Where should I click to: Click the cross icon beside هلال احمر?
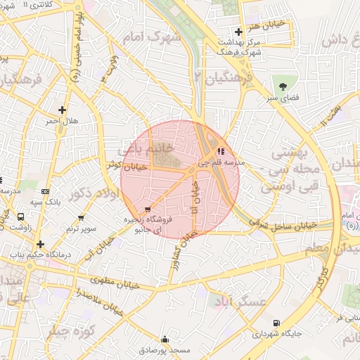[63, 110]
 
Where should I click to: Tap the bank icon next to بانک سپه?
[46, 191]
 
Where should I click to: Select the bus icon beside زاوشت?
[20, 217]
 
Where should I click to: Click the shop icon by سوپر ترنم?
[81, 217]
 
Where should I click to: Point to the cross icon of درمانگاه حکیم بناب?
[40, 245]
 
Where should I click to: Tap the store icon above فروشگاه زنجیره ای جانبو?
[147, 210]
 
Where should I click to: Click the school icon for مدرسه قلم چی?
[221, 150]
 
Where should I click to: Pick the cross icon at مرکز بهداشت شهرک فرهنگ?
[239, 32]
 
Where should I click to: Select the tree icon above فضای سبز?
[283, 86]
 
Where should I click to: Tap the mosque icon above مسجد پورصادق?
[165, 339]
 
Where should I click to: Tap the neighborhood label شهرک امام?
[150, 35]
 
